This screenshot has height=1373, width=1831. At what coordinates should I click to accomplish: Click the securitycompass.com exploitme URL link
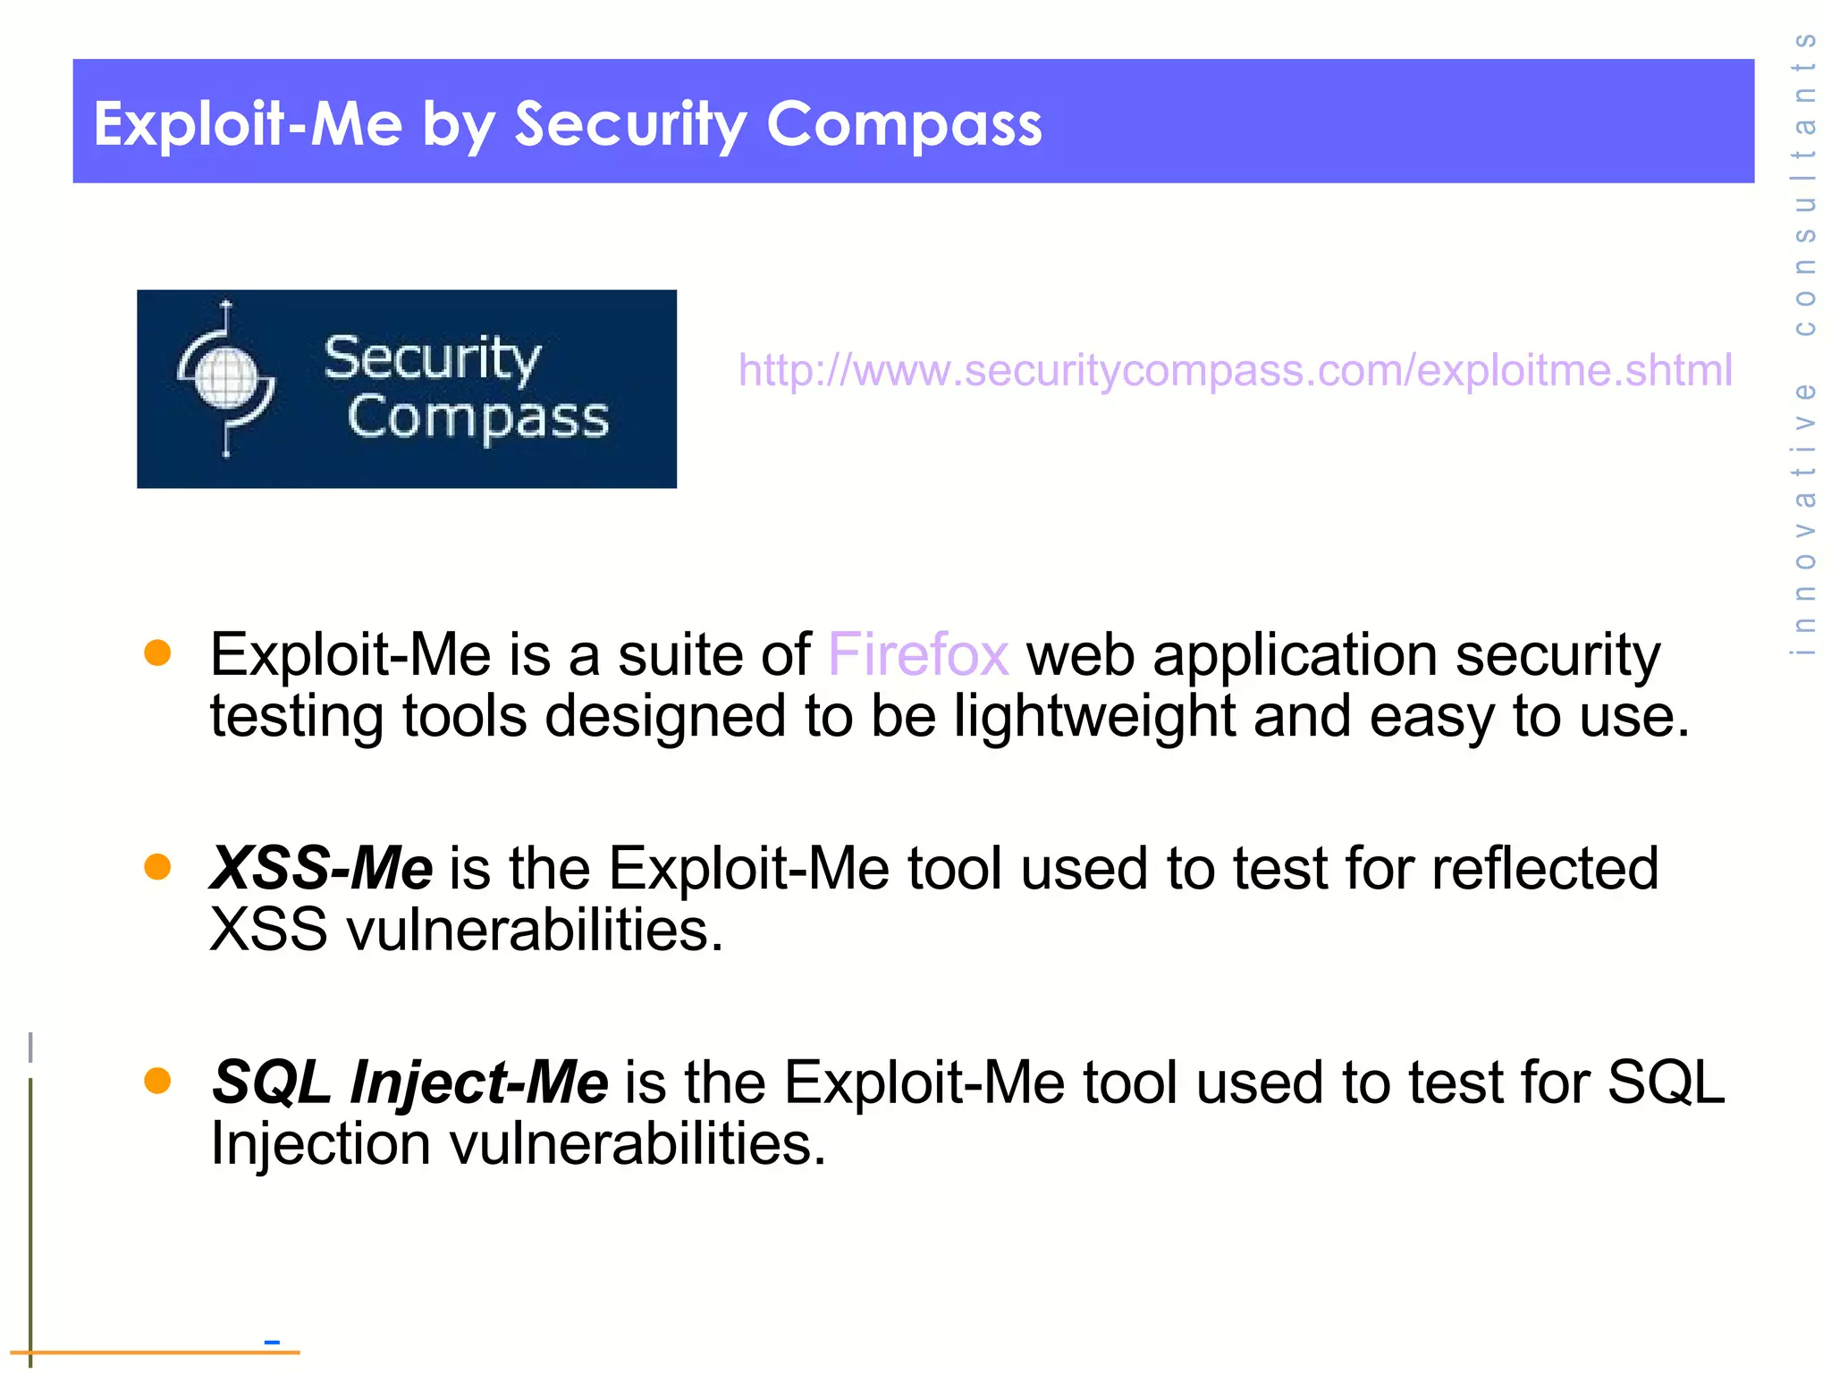point(1235,370)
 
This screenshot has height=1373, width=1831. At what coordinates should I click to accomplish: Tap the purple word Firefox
point(918,654)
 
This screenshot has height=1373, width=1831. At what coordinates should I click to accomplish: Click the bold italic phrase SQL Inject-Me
point(409,1082)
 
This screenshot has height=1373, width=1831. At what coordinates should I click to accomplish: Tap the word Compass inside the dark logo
point(478,417)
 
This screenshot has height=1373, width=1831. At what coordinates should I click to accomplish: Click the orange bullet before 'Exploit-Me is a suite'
point(157,653)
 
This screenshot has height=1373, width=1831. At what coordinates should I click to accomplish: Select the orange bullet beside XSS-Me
point(157,866)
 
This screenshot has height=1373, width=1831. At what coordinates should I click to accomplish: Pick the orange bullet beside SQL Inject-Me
point(157,1081)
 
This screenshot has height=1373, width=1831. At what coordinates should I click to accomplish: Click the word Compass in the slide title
point(904,123)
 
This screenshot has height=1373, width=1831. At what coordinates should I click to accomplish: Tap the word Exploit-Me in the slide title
point(248,123)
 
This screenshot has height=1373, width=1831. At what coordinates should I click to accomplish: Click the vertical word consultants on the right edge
point(1805,183)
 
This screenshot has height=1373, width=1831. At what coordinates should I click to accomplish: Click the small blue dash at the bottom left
point(272,1342)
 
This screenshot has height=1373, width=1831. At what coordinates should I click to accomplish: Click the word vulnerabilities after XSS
point(535,931)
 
